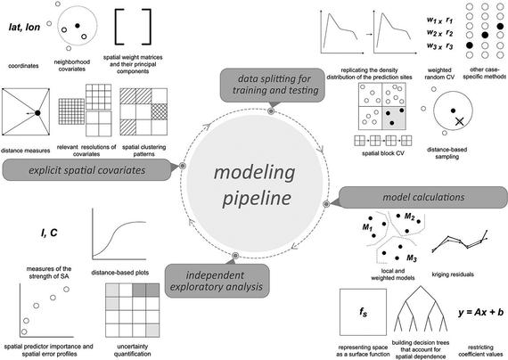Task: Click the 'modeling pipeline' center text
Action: pyautogui.click(x=255, y=185)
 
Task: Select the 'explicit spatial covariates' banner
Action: pyautogui.click(x=86, y=170)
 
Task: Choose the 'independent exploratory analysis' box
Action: pyautogui.click(x=217, y=281)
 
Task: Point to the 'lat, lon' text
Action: pyautogui.click(x=24, y=28)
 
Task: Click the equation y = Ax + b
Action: pyautogui.click(x=480, y=312)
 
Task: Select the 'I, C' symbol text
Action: pyautogui.click(x=49, y=233)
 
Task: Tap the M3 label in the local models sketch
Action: pyautogui.click(x=412, y=258)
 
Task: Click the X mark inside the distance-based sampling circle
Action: pyautogui.click(x=459, y=121)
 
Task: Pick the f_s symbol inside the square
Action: pyautogui.click(x=364, y=312)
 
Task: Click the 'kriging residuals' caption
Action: pyautogui.click(x=453, y=274)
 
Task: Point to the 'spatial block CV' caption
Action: pyautogui.click(x=383, y=153)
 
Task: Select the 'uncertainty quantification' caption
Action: pyautogui.click(x=132, y=350)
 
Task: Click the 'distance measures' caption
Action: pyautogui.click(x=25, y=151)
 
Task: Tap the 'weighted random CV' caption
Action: pyautogui.click(x=439, y=74)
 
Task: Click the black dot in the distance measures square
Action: pyautogui.click(x=37, y=113)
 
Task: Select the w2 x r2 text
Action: pyautogui.click(x=439, y=33)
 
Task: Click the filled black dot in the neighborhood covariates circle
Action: pyautogui.click(x=78, y=25)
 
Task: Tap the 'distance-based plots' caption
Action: pyautogui.click(x=120, y=273)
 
